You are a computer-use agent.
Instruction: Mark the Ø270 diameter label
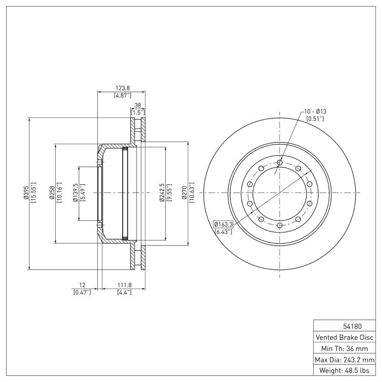[185, 193]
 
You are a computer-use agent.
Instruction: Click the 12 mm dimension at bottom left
[82, 285]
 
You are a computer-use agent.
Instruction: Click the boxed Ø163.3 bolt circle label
[223, 223]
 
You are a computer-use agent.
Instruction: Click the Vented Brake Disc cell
[344, 338]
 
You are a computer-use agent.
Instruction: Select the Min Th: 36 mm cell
[344, 349]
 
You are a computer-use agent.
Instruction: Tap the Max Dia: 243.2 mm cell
[344, 360]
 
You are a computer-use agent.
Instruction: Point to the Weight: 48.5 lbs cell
[344, 371]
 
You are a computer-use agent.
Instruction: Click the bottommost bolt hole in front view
[280, 224]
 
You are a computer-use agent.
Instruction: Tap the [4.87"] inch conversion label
[123, 95]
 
